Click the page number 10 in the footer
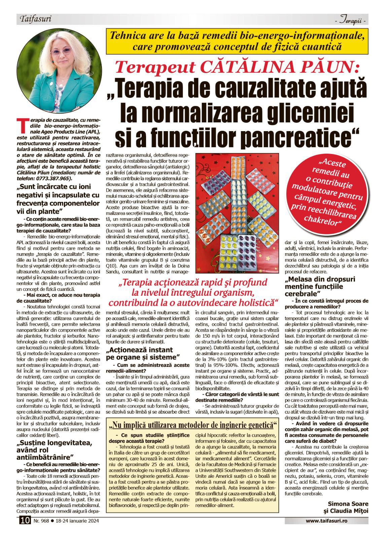pyautogui.click(x=25, y=521)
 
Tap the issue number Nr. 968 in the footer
pyautogui.click(x=41, y=521)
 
